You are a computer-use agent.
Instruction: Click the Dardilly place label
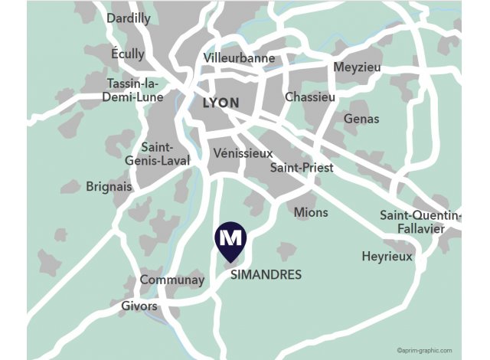tap(129, 18)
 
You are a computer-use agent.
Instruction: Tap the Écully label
tap(127, 54)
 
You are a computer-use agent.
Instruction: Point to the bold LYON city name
tap(220, 103)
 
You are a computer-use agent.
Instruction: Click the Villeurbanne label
tap(239, 57)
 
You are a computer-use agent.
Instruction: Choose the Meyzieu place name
tap(358, 67)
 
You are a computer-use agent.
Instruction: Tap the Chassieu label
tap(310, 97)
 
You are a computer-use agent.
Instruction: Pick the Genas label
tap(361, 119)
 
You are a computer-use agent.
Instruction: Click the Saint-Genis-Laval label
tap(158, 154)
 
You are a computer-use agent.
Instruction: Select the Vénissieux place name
tap(243, 152)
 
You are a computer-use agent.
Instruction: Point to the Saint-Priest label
tap(302, 167)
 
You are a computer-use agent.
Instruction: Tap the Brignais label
tap(109, 186)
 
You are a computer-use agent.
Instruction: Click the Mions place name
tap(311, 212)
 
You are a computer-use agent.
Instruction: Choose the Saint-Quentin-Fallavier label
tap(420, 221)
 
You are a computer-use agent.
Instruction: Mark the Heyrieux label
tap(387, 257)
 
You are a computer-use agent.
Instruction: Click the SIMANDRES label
tap(266, 274)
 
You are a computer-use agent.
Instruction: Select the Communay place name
tap(172, 280)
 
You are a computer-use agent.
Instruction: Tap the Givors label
tap(139, 306)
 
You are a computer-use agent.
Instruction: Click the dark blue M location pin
tap(230, 239)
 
